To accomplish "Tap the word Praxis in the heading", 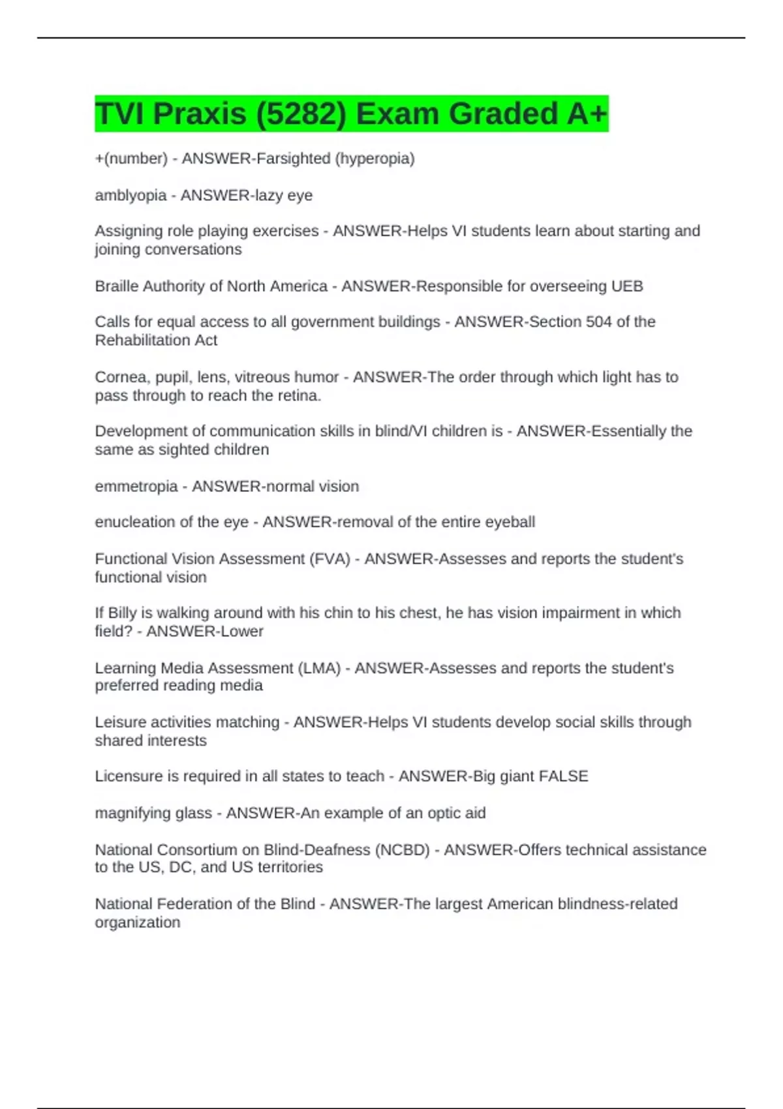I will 200,114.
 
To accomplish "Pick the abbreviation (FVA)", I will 331,558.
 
